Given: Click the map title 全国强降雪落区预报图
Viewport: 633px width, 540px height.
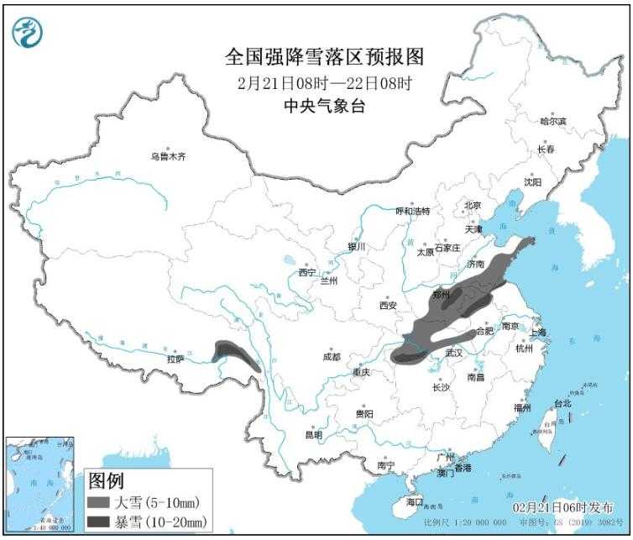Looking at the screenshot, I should click(x=325, y=57).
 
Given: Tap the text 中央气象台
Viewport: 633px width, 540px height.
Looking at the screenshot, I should click(x=325, y=106).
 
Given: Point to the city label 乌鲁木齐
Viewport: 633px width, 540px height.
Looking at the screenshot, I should click(x=168, y=156).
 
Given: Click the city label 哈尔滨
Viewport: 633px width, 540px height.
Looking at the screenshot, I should click(x=553, y=122).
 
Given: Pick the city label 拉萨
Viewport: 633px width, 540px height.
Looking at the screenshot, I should click(x=175, y=359).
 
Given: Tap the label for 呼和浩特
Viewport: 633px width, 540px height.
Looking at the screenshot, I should click(x=412, y=211).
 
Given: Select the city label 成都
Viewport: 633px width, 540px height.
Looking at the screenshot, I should click(x=332, y=357).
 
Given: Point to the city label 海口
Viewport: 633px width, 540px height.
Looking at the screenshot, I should click(x=414, y=501).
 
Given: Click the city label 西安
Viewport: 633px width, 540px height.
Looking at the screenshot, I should click(x=387, y=306).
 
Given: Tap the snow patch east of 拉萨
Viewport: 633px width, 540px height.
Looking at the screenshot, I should click(x=234, y=354).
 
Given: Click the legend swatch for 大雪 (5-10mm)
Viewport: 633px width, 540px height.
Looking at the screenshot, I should click(x=99, y=503).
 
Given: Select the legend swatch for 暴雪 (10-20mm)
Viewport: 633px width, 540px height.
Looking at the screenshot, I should click(x=99, y=522).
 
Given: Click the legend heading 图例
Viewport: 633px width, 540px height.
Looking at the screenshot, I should click(x=106, y=482).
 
